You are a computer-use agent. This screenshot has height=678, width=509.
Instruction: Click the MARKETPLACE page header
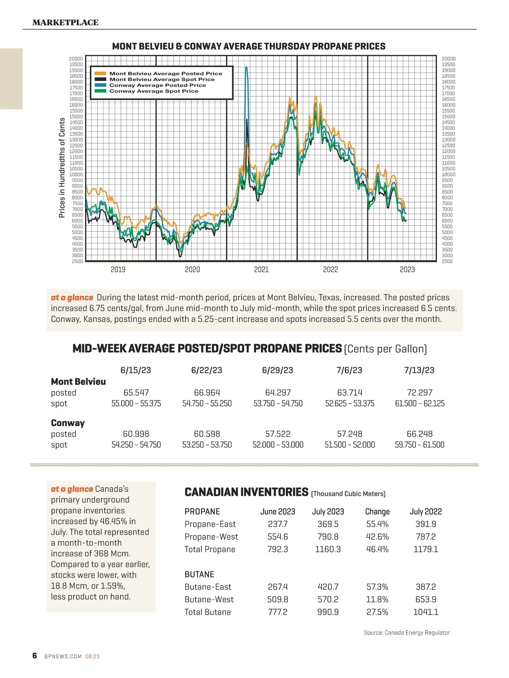[x=65, y=22]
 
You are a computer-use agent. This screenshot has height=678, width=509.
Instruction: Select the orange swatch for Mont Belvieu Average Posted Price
[x=101, y=73]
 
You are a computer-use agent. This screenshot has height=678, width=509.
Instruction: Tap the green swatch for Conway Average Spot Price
[x=101, y=91]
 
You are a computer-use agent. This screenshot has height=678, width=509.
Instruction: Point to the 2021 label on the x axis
[x=261, y=269]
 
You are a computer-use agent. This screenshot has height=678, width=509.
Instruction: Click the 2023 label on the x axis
[x=407, y=269]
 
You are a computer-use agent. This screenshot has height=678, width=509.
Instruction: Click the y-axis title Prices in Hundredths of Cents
[x=62, y=168]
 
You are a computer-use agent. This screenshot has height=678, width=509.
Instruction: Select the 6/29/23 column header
[x=277, y=370]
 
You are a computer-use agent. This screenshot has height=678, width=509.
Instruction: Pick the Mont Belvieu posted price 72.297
[x=420, y=392]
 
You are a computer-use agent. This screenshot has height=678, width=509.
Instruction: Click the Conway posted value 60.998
[x=136, y=434]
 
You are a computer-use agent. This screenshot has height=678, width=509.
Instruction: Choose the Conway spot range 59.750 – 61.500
[x=420, y=445]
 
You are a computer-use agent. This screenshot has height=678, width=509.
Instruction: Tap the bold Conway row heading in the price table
[x=68, y=423]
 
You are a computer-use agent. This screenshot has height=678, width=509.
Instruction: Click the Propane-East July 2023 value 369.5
[x=328, y=524]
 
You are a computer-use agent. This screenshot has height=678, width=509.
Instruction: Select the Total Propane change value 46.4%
[x=377, y=549]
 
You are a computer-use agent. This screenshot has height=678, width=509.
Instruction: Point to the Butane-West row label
[x=209, y=599]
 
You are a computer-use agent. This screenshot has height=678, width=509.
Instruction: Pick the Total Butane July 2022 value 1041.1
[x=426, y=612]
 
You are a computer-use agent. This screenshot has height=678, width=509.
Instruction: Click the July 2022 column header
[x=426, y=511]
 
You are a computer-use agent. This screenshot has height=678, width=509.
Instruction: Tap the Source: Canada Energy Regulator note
[x=406, y=633]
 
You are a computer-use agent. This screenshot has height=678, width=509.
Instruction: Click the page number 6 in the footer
[x=35, y=656]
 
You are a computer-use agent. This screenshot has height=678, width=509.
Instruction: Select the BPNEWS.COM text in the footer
[x=63, y=656]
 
